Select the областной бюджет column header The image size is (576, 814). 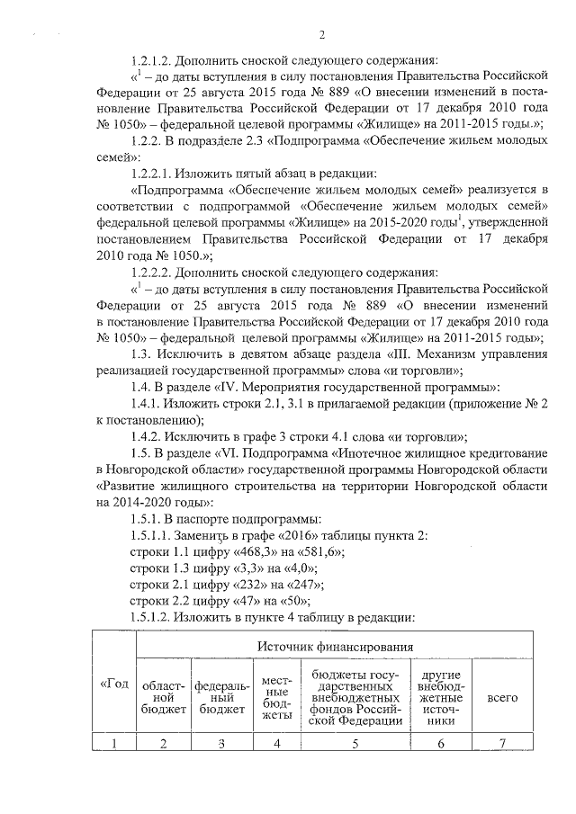[163, 696]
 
